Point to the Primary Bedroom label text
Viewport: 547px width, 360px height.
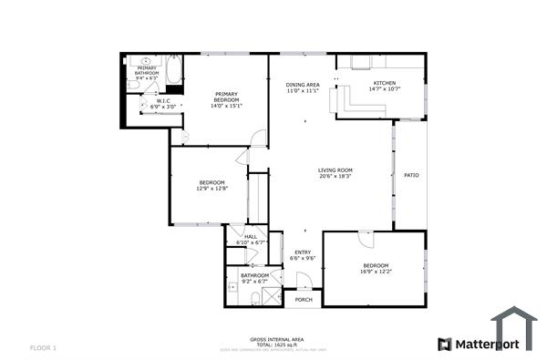point(226,94)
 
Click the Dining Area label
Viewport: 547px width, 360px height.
point(301,84)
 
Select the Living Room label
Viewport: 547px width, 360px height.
point(335,170)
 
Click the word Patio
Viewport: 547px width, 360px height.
point(411,175)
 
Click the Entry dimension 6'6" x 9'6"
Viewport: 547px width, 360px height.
point(302,259)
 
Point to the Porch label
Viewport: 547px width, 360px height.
point(304,299)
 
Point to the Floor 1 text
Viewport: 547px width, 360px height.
point(43,347)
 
